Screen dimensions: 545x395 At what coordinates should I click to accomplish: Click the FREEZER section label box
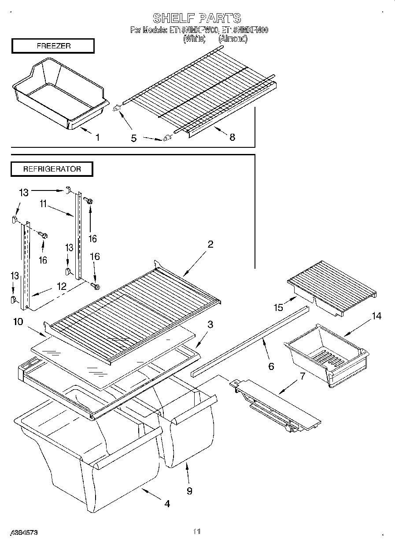[52, 46]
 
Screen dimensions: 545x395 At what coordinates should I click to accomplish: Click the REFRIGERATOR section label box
[52, 169]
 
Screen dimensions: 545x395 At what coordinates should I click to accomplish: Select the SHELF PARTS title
[197, 18]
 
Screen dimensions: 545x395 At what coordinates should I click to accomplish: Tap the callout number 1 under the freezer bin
[97, 138]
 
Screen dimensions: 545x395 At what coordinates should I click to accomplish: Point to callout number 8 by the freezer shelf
[232, 137]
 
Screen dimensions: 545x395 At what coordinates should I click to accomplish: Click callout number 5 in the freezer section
[133, 138]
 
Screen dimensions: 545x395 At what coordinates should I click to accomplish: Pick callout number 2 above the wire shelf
[210, 245]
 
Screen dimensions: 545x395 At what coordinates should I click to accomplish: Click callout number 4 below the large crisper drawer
[167, 504]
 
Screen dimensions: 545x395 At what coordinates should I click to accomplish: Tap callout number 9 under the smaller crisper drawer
[189, 491]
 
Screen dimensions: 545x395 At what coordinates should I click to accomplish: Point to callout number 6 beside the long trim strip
[271, 366]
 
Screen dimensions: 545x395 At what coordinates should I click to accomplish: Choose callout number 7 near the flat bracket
[302, 376]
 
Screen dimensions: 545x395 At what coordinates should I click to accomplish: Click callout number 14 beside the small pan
[376, 316]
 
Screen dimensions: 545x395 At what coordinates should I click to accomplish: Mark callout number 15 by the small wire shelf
[278, 307]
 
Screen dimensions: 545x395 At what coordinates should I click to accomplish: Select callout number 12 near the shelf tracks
[61, 286]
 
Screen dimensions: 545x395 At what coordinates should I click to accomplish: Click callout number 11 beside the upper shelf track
[43, 204]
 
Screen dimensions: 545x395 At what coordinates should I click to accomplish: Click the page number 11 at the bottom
[197, 532]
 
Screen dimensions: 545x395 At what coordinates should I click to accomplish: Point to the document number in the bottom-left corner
[22, 532]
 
